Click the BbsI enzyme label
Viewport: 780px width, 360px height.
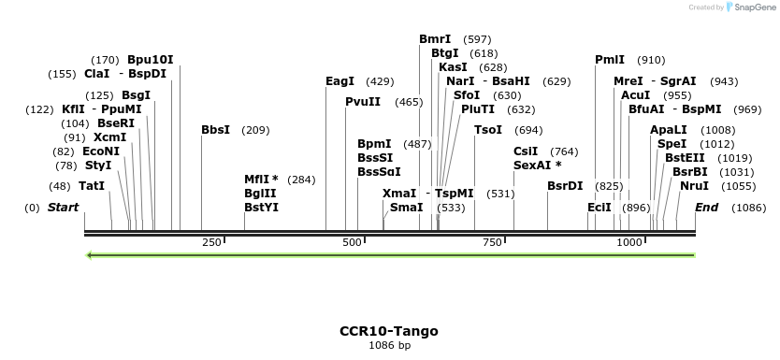(x=215, y=130)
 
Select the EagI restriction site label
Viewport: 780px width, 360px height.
(x=339, y=81)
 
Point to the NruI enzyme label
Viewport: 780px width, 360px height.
(x=694, y=186)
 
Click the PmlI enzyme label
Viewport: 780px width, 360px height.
(x=610, y=60)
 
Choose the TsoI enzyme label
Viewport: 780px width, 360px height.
(x=488, y=130)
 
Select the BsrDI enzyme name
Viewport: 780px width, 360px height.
(x=565, y=186)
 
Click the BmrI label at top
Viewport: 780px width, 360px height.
(x=435, y=39)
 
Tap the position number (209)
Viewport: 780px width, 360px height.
(x=255, y=130)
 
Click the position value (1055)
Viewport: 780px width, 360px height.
(x=739, y=186)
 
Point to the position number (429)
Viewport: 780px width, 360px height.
(x=380, y=81)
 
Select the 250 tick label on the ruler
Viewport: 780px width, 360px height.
(x=211, y=243)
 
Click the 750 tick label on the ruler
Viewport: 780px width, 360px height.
(x=492, y=243)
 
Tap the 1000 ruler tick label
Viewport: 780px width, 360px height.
(x=629, y=243)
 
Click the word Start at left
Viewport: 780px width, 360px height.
(x=63, y=207)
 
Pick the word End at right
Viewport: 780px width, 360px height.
(x=706, y=207)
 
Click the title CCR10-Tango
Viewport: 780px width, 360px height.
(x=388, y=331)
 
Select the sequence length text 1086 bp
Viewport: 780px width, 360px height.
(x=389, y=346)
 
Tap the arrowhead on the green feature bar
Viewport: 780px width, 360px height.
(x=89, y=254)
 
